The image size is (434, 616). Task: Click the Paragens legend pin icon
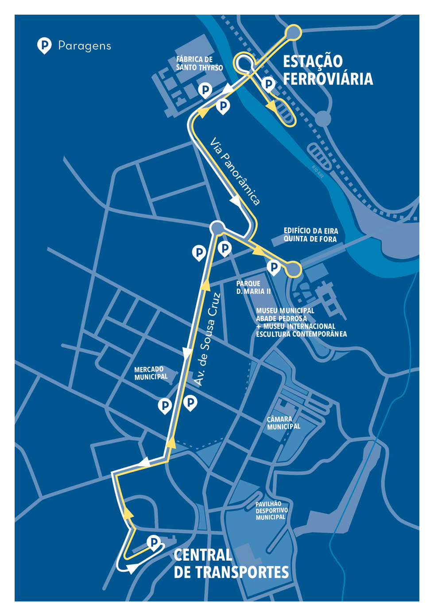(x=44, y=46)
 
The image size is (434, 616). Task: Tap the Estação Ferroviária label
(x=328, y=70)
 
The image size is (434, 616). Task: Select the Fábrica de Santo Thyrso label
(x=199, y=63)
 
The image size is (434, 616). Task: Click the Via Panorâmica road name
(x=235, y=171)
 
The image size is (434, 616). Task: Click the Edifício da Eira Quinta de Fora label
(x=310, y=235)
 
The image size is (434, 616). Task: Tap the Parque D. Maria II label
(x=253, y=288)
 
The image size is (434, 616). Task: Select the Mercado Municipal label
(x=151, y=373)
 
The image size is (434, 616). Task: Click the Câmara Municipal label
(x=283, y=423)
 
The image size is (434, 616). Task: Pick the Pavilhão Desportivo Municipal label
(x=271, y=511)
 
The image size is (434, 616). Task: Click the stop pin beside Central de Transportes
(x=154, y=542)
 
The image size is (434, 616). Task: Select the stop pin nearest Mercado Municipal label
(x=165, y=405)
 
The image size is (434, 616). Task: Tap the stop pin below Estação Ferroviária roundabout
(x=268, y=84)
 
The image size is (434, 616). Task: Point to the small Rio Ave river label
(x=318, y=172)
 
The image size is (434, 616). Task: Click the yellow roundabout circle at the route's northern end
(x=294, y=32)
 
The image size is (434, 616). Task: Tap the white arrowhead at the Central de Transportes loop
(x=132, y=569)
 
